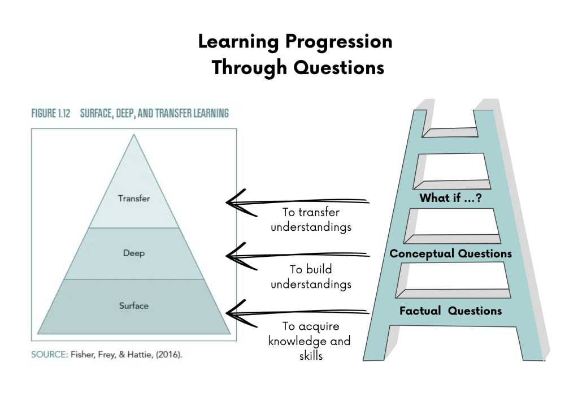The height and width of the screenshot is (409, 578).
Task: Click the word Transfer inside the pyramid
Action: coord(134,199)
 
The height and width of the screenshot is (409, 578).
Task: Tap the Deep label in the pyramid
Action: coord(134,253)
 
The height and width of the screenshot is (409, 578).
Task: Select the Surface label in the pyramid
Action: coord(134,306)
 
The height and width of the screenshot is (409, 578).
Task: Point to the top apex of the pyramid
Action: coord(134,135)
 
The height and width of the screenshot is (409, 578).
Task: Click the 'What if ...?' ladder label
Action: coord(450,199)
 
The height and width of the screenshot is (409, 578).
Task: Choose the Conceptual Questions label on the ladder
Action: coord(450,253)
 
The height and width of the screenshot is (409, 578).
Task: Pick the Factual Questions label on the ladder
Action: coord(450,311)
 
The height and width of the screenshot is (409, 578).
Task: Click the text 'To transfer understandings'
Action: coord(311,220)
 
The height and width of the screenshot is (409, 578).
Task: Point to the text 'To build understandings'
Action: coord(311,277)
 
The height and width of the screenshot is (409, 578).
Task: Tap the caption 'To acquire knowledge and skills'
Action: coord(310,341)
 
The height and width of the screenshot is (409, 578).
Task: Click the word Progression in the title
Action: coord(338,42)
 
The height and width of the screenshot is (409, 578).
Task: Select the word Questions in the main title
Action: coord(339,67)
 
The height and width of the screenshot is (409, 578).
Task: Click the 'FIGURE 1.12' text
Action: coord(51,113)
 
